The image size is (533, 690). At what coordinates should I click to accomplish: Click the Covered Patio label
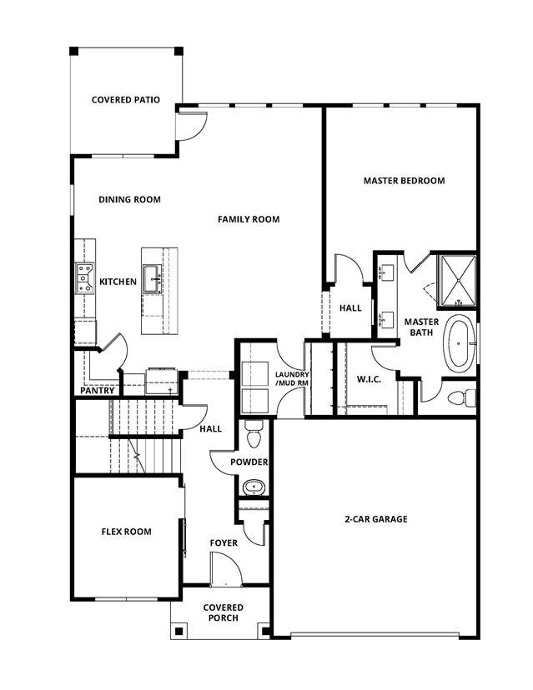[x=125, y=100]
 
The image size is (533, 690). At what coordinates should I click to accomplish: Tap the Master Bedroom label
[x=404, y=181]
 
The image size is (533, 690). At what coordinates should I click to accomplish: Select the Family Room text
[x=249, y=219]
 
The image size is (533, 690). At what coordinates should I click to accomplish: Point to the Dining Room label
[x=129, y=200]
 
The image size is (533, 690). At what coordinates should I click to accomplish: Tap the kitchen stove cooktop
[x=84, y=277]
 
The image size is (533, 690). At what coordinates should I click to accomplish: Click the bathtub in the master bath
[x=460, y=343]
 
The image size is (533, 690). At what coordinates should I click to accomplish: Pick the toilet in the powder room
[x=254, y=435]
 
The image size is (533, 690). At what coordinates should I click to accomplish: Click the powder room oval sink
[x=254, y=487]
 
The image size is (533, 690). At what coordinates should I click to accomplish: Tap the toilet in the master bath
[x=460, y=397]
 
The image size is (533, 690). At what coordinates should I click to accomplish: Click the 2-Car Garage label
[x=375, y=519]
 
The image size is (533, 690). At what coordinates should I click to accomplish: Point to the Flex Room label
[x=126, y=532]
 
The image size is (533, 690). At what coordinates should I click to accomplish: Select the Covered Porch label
[x=223, y=612]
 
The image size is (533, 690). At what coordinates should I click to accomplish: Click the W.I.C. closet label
[x=368, y=380]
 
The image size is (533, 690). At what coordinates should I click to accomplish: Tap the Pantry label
[x=97, y=391]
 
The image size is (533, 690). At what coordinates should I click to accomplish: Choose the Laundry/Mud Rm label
[x=292, y=378]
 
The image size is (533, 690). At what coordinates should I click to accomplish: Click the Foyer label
[x=224, y=543]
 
